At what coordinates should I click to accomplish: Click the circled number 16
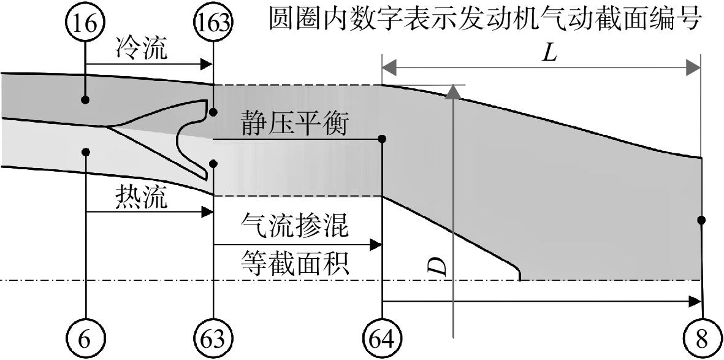coord(86,24)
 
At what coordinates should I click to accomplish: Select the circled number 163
coord(213,24)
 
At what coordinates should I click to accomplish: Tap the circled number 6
coord(86,341)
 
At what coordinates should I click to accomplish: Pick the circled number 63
coord(213,341)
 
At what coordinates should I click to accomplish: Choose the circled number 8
coord(702,341)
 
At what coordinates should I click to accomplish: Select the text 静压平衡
coord(294,124)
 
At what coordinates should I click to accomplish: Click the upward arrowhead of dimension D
coord(454,91)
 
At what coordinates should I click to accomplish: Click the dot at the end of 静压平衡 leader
coord(382,139)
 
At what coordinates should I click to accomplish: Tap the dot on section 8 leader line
coord(701,220)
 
